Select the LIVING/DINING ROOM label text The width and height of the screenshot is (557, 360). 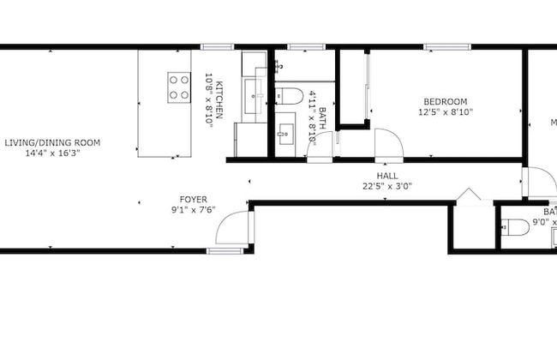click(x=52, y=142)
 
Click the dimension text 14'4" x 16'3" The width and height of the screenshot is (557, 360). click(x=52, y=153)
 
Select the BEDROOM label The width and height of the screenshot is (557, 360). click(x=445, y=100)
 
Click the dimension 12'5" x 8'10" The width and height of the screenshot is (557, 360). click(x=445, y=111)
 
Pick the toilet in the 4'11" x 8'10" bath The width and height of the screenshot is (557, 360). click(x=286, y=95)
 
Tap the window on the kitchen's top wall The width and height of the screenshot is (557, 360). click(x=213, y=45)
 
